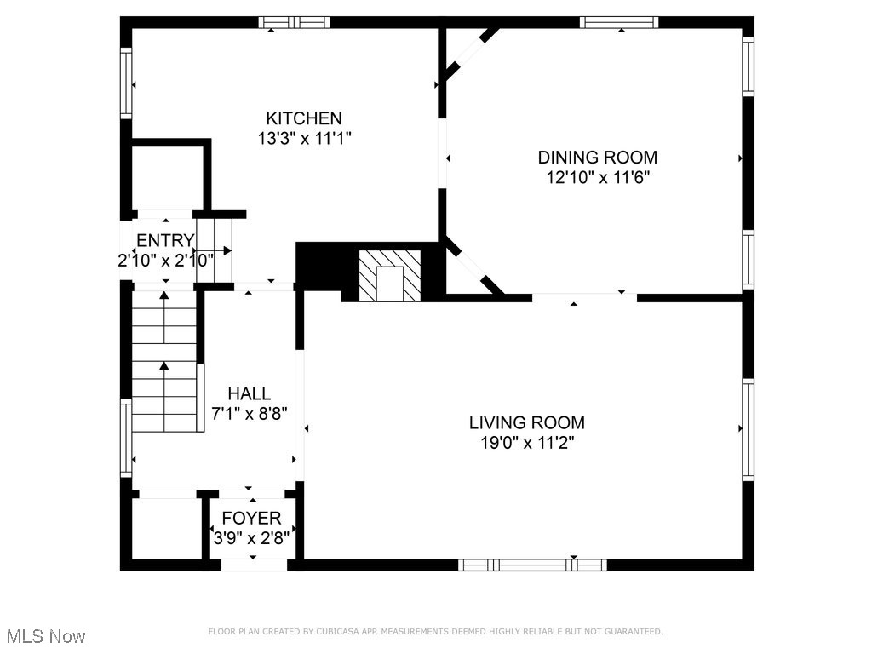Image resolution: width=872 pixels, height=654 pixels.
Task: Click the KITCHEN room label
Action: (304, 118)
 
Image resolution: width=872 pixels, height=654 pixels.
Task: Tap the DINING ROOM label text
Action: (597, 157)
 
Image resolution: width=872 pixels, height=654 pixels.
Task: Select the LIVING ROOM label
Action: (527, 422)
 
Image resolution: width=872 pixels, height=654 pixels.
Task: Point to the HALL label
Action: (249, 393)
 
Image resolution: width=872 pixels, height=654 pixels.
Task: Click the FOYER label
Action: (251, 519)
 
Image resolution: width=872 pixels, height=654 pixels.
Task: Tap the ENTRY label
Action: (165, 240)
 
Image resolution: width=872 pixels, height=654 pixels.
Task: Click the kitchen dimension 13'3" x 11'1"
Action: (304, 139)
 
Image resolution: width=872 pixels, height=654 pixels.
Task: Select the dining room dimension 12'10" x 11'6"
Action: (599, 177)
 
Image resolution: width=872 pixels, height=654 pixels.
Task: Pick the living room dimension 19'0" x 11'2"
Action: (528, 443)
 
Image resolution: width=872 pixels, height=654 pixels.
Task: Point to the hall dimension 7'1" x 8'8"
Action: (250, 414)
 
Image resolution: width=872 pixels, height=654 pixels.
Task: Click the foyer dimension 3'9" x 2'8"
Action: (251, 538)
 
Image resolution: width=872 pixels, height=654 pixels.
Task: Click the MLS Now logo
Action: (45, 636)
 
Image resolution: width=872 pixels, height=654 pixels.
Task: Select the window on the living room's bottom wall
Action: (532, 564)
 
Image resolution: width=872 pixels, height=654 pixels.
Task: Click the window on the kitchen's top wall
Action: (294, 22)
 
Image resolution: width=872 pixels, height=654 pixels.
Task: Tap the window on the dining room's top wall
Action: (620, 22)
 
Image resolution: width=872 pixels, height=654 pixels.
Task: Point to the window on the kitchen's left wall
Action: (126, 83)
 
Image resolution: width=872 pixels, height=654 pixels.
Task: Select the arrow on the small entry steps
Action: (221, 250)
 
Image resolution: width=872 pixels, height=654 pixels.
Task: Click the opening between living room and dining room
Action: (584, 297)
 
